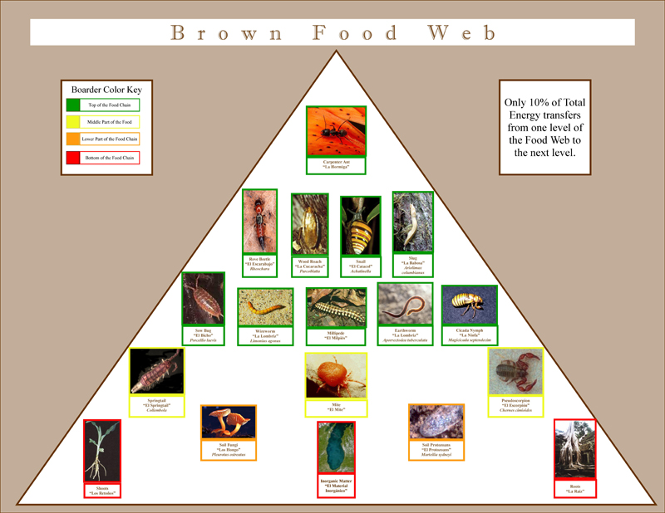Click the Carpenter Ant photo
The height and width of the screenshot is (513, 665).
pos(336,131)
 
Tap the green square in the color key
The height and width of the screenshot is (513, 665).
pos(73,105)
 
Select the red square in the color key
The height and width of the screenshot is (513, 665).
pos(73,157)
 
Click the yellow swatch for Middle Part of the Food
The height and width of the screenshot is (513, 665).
pos(73,122)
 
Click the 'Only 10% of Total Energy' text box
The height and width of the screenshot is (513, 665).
pos(544,126)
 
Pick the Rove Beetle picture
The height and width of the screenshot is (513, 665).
pos(259,222)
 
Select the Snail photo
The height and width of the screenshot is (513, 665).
pos(361,227)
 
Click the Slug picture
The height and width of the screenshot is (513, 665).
pos(412,222)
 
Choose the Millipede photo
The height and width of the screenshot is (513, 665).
pos(336,307)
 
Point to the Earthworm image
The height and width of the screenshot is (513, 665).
pos(405,305)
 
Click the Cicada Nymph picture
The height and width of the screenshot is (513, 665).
pos(469,306)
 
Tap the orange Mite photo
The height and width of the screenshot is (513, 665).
pos(336,374)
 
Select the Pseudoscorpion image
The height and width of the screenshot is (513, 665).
pos(515,371)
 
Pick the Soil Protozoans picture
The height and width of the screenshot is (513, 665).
pos(436,423)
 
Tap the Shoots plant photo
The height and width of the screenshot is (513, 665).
pos(102,451)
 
